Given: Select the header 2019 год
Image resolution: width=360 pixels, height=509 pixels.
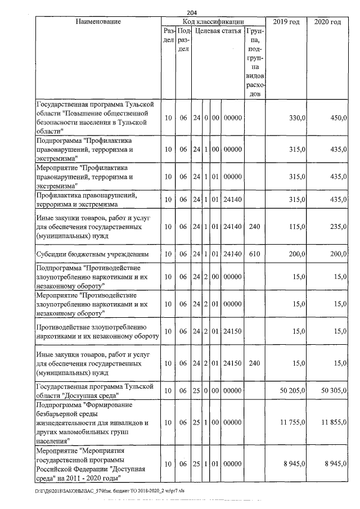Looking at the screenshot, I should point(286,22).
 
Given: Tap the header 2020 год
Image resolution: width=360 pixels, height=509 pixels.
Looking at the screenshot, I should point(327,22).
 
